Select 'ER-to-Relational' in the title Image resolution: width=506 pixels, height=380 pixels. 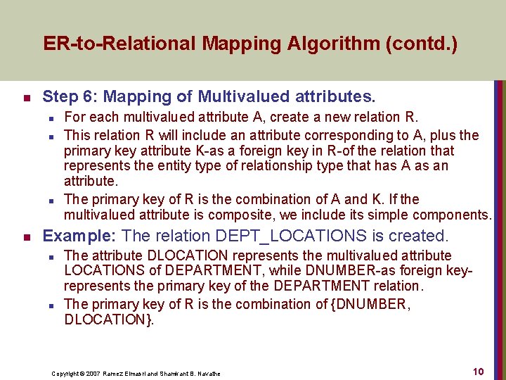[120, 44]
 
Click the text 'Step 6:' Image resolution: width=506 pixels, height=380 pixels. [67, 96]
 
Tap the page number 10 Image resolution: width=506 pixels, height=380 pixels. [478, 372]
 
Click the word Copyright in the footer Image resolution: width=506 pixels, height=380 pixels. [64, 374]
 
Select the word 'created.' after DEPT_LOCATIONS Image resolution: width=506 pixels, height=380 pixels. [423, 236]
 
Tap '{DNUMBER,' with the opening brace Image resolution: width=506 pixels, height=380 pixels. [370, 304]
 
